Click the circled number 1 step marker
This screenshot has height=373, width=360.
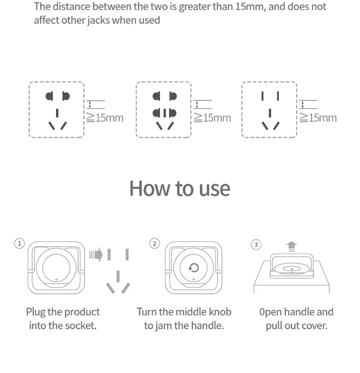pos(19,244)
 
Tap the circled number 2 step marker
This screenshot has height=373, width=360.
pos(155,244)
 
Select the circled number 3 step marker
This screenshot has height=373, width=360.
pos(256,245)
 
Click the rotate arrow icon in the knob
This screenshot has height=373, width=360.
pos(193,268)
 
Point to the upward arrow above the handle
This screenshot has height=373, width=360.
pos(291,246)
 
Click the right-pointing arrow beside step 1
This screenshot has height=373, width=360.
pos(96,255)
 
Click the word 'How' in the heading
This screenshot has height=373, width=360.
pos(150,188)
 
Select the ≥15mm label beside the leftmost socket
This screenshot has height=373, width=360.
pos(105,118)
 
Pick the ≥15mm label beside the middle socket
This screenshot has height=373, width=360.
pos(212,118)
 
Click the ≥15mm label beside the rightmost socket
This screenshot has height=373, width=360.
pos(318,118)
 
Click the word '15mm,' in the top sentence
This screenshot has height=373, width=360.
pos(251,7)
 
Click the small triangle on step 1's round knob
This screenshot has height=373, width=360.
pos(57,280)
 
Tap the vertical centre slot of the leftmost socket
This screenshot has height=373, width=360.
pos(57,113)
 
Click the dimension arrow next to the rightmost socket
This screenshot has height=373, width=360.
pos(302,105)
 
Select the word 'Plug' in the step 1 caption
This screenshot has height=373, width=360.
pos(36,312)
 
